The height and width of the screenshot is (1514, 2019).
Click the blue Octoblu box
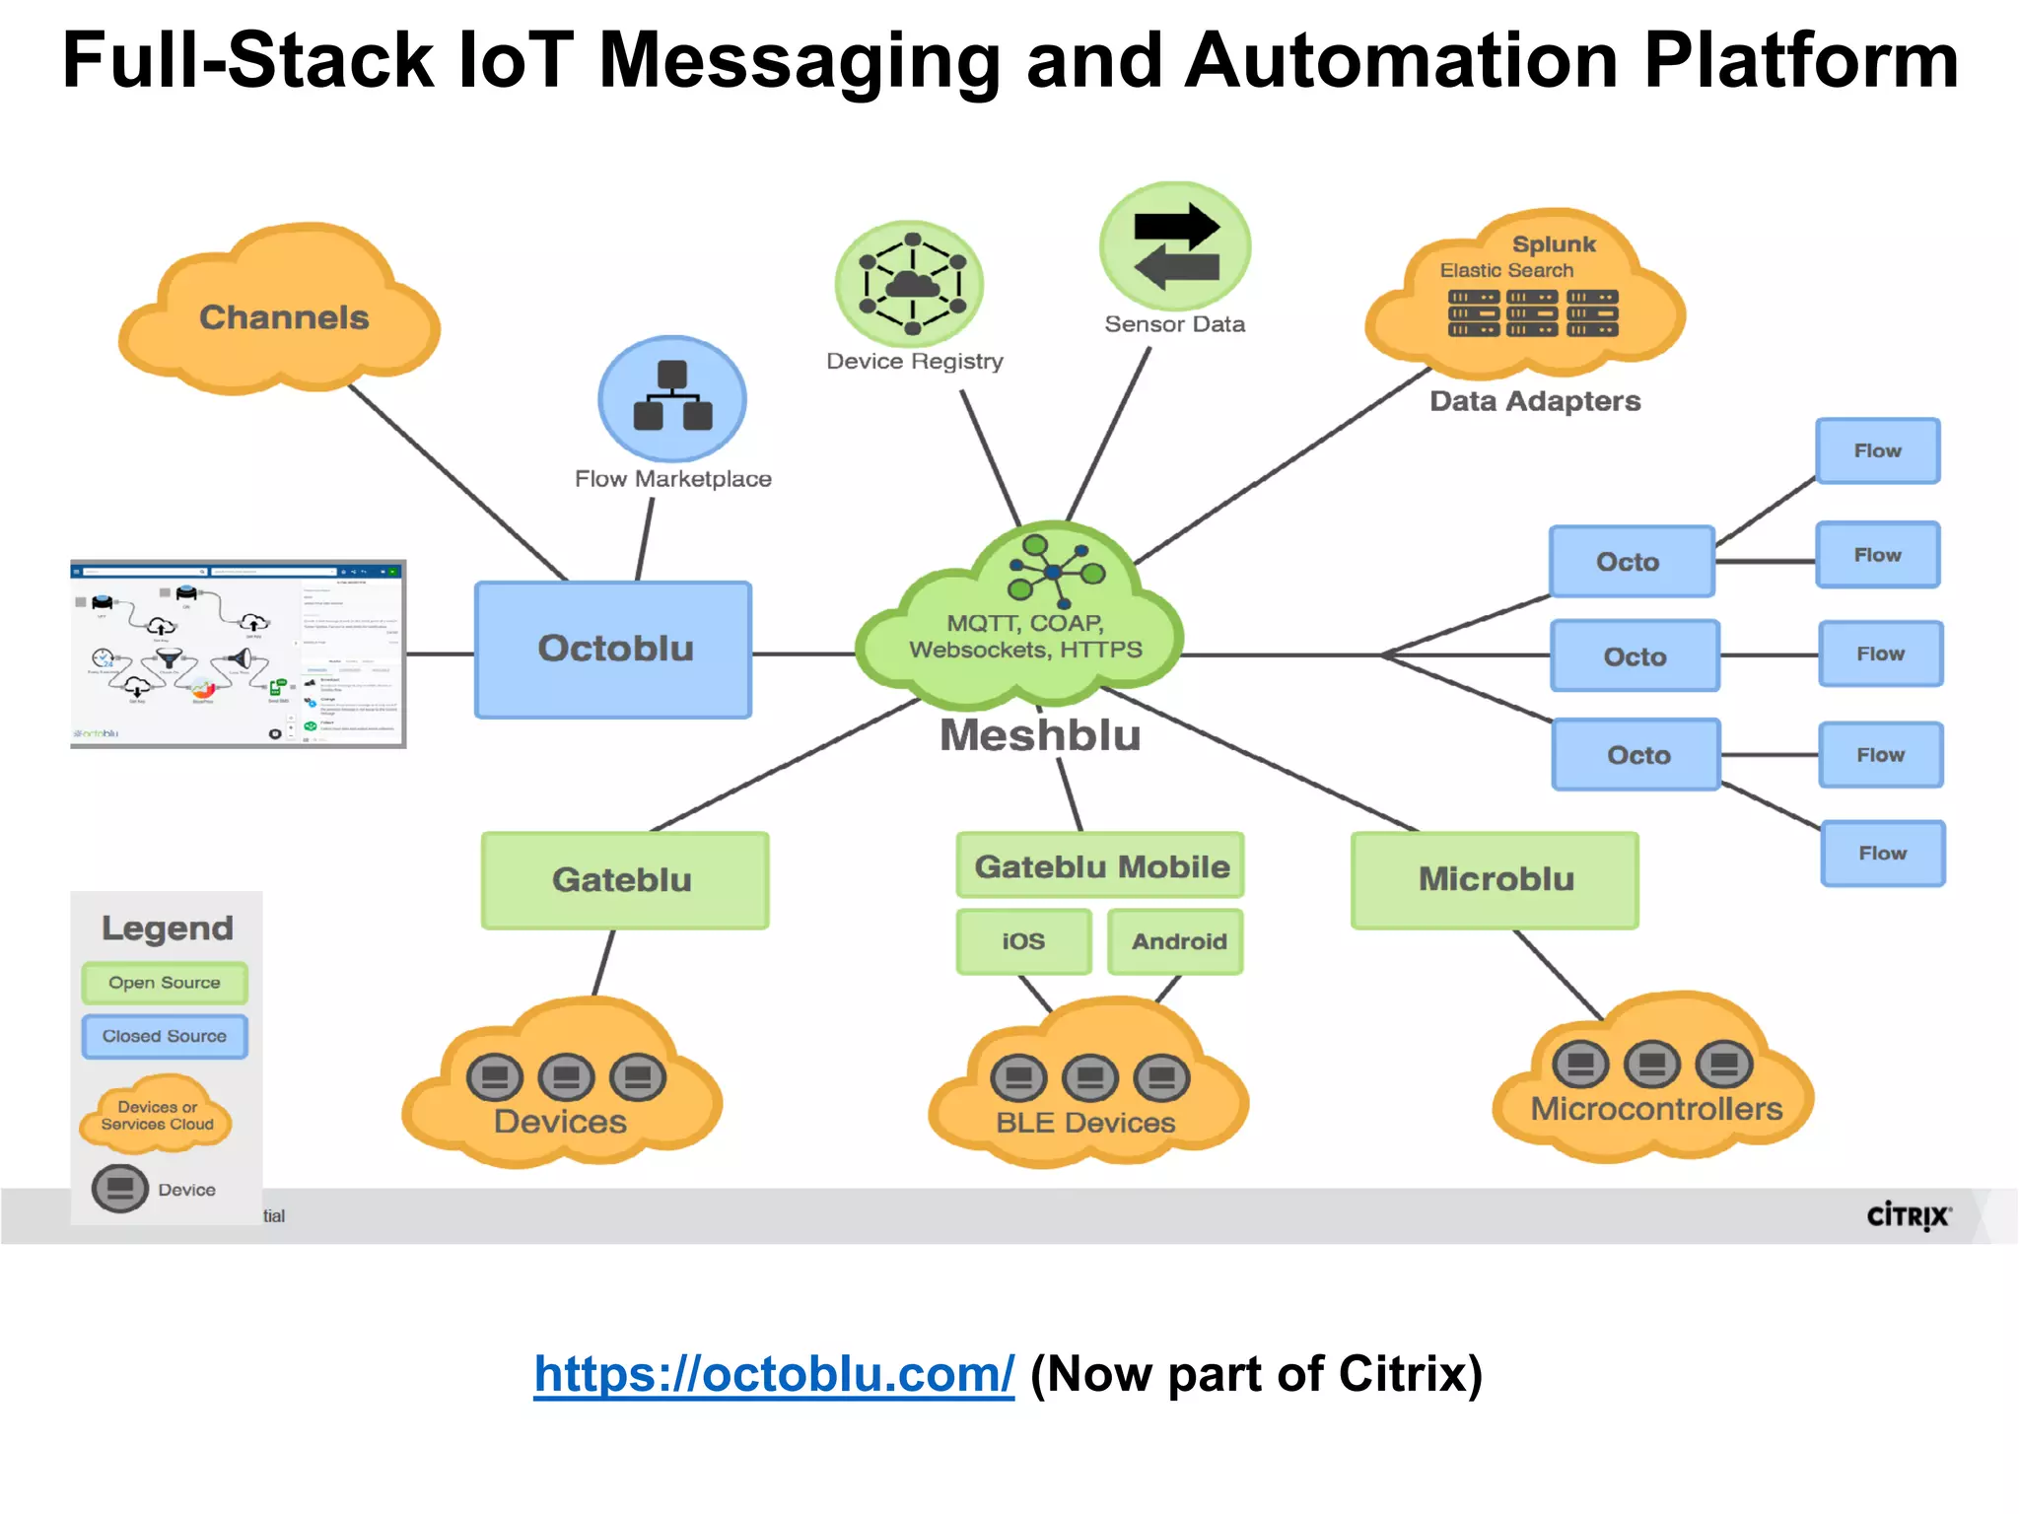[613, 650]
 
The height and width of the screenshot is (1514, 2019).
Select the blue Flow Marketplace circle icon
[672, 398]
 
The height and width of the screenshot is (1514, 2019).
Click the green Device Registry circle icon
[909, 284]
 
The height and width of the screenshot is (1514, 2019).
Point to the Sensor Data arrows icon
[1175, 246]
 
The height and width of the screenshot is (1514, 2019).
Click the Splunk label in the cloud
[1554, 244]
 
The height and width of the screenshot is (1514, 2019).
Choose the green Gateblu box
[624, 880]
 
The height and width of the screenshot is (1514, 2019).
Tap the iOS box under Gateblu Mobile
[1023, 941]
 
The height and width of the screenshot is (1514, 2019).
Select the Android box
[1177, 941]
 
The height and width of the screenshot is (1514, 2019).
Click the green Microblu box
[1495, 880]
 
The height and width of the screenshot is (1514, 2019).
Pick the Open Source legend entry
[165, 983]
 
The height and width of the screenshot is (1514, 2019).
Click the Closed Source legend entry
[165, 1036]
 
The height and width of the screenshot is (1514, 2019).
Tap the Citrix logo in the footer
[1908, 1215]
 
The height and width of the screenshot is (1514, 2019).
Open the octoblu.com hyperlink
[774, 1373]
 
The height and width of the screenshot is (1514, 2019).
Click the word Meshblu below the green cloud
[1040, 736]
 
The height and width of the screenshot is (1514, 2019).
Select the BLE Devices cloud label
[1085, 1123]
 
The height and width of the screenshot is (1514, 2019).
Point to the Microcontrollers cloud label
[1656, 1109]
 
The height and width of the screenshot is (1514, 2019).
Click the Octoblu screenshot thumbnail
[238, 654]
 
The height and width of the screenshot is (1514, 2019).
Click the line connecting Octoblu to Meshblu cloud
[803, 654]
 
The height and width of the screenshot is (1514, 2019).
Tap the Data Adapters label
[1535, 401]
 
